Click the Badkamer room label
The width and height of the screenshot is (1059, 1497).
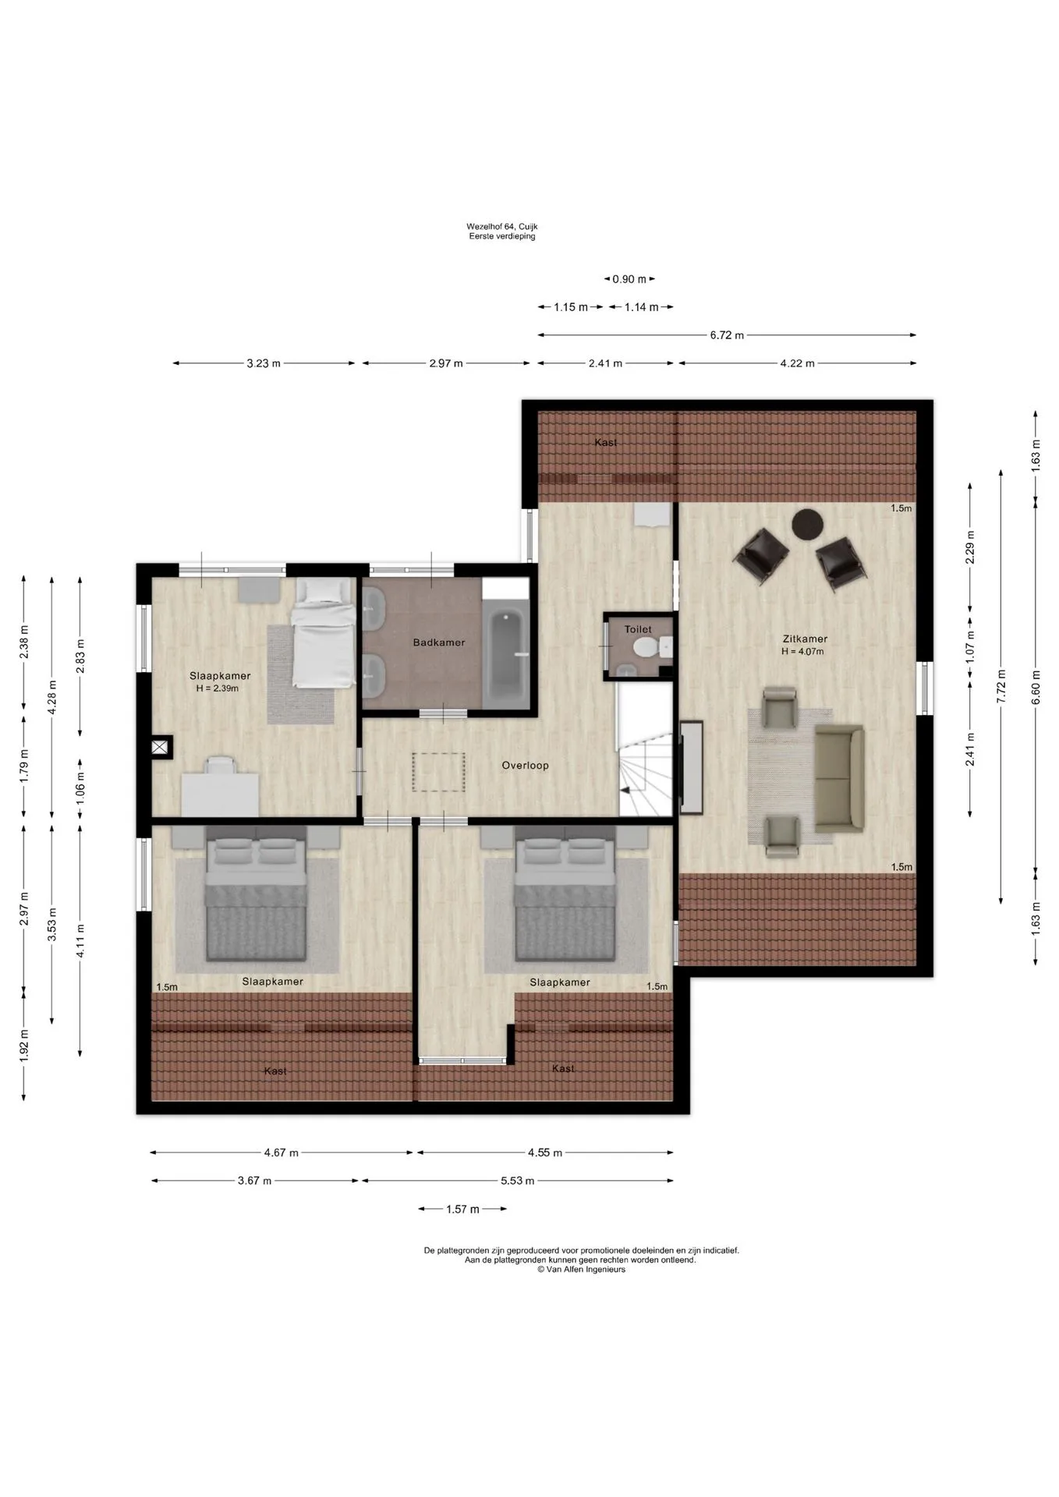point(438,642)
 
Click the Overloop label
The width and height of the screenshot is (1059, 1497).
point(525,766)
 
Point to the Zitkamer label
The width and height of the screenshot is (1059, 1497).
point(807,639)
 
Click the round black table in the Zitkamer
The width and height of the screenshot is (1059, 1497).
point(808,523)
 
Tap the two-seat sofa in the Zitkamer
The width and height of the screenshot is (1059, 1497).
point(840,778)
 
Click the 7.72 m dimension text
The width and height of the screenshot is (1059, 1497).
point(1002,685)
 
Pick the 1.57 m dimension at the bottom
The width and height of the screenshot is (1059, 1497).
point(462,1209)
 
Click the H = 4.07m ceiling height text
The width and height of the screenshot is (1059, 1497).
point(802,652)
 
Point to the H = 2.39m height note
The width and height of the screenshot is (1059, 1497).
point(218,688)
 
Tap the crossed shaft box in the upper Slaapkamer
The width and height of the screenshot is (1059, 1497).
point(160,748)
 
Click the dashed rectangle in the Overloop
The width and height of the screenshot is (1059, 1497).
point(438,772)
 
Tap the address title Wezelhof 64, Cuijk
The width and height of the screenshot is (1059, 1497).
point(502,227)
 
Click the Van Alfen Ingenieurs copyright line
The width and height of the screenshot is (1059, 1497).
point(581,1269)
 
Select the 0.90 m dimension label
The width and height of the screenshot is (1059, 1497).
point(629,279)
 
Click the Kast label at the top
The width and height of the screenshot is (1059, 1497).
point(605,442)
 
